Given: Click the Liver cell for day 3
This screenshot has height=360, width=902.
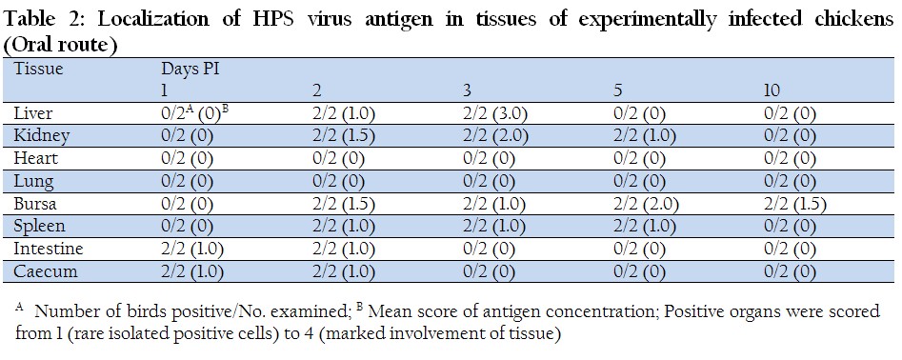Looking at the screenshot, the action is point(495,114).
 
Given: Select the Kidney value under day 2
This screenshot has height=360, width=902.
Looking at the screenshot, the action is point(344,136).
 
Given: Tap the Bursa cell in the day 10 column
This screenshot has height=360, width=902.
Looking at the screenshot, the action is point(795,204).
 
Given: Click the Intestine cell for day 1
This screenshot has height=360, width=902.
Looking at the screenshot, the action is point(192,249).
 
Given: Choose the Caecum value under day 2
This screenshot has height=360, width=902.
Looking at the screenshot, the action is point(344,271).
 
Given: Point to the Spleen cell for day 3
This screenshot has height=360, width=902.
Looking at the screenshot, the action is point(494,227).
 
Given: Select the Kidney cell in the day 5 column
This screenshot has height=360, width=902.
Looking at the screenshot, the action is point(644,136).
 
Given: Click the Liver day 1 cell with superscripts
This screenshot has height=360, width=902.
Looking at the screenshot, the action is point(195,113).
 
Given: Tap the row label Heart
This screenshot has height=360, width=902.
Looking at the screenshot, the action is point(35,158).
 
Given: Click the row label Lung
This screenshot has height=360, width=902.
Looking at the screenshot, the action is point(34,182).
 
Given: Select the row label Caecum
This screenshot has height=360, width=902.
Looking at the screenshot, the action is point(46,271).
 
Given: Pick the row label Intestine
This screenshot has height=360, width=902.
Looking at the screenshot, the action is point(49,249).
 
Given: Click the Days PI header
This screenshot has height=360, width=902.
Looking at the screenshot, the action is point(190,70).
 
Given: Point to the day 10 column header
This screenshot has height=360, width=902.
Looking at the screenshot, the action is point(772,91).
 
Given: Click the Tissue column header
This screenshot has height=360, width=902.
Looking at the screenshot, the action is point(38,70).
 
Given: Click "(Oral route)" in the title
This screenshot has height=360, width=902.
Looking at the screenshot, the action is point(60,45).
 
